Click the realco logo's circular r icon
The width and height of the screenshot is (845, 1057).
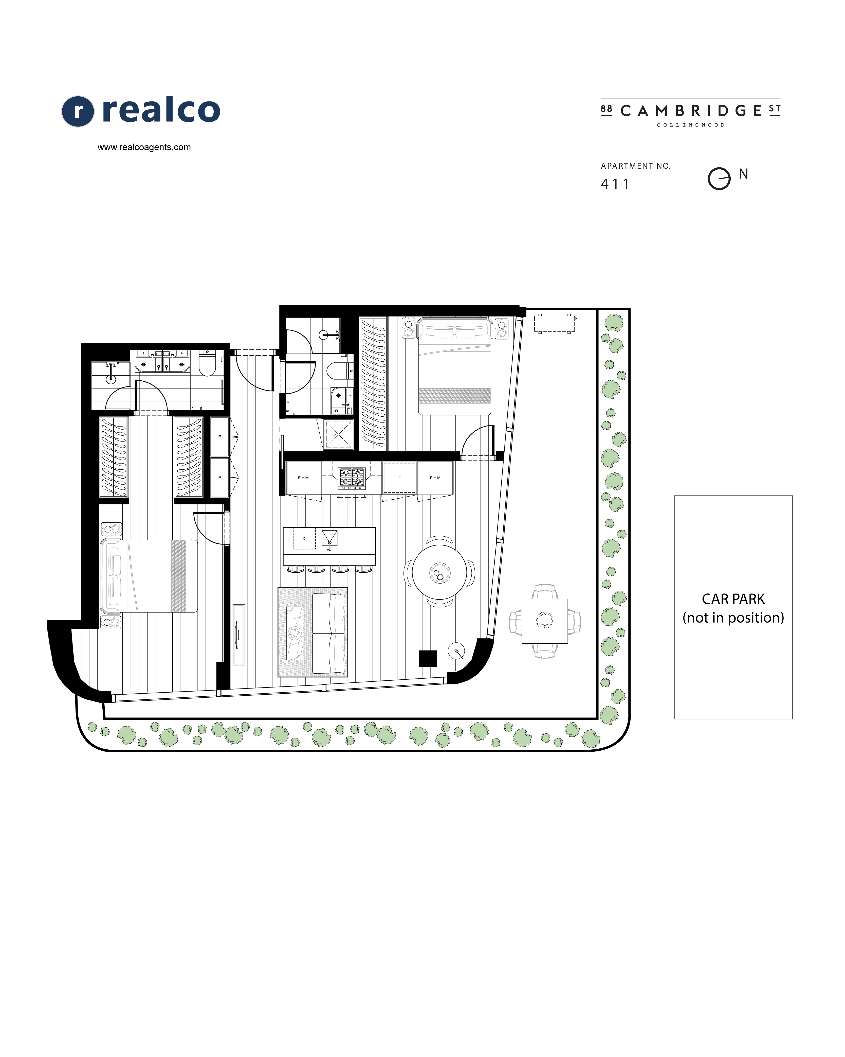tap(77, 111)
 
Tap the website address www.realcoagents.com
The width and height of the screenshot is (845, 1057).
tap(144, 147)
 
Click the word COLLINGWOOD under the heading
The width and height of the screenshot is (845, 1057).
tap(691, 125)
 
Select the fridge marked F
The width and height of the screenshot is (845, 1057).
tap(399, 478)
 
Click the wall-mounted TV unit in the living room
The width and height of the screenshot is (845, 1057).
tap(238, 635)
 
